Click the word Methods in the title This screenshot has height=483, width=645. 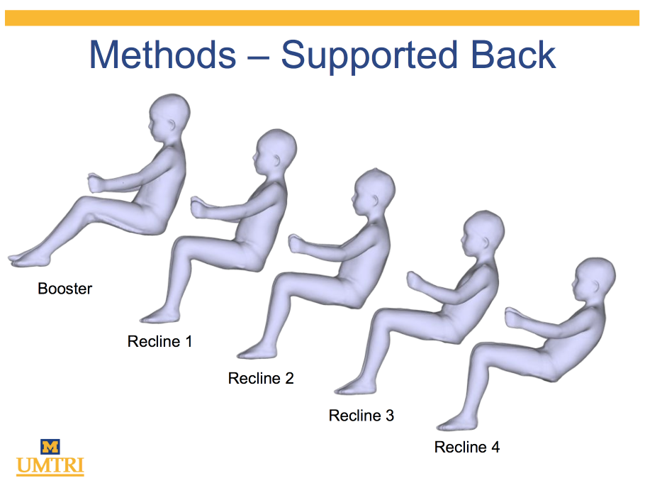click(163, 55)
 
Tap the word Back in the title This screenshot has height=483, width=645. click(513, 55)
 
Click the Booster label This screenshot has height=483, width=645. click(65, 289)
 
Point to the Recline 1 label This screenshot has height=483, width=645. click(159, 341)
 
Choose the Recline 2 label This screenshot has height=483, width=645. click(261, 378)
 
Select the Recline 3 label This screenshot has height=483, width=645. click(361, 415)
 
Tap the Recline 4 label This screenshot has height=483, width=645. click(467, 447)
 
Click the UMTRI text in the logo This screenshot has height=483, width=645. click(50, 465)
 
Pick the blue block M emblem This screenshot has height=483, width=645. click(50, 447)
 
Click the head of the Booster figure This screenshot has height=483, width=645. click(169, 118)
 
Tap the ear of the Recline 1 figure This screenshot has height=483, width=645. click(278, 160)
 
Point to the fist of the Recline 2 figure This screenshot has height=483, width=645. click(296, 244)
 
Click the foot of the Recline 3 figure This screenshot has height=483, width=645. click(355, 387)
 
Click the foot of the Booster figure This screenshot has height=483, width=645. click(29, 259)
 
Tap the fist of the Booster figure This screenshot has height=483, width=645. click(96, 183)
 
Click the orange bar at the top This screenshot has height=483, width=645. click(322, 18)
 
